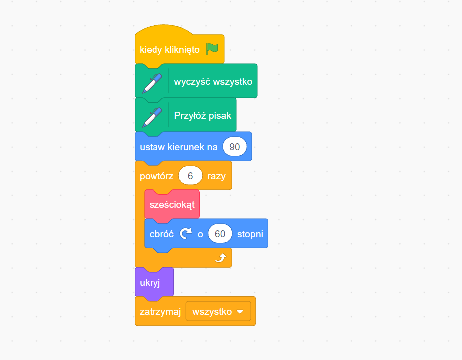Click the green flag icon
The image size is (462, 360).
point(212,49)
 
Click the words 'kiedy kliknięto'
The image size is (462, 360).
point(169,50)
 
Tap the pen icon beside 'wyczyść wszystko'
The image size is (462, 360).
point(152,82)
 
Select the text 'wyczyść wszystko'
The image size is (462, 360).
point(213,82)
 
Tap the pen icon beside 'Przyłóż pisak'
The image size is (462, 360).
point(152,116)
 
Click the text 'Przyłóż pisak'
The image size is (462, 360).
point(202,115)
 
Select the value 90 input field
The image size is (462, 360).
point(235,147)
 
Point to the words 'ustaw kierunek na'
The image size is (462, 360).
point(178,147)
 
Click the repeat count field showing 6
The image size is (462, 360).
point(190,176)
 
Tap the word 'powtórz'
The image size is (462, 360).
point(156,176)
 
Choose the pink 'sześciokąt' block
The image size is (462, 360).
point(171,204)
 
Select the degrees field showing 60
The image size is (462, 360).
point(220,234)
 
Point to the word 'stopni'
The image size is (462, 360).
point(250,234)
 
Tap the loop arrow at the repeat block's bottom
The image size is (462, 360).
point(220,257)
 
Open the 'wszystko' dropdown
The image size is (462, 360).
point(218,311)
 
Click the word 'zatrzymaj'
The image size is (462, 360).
point(159,312)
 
